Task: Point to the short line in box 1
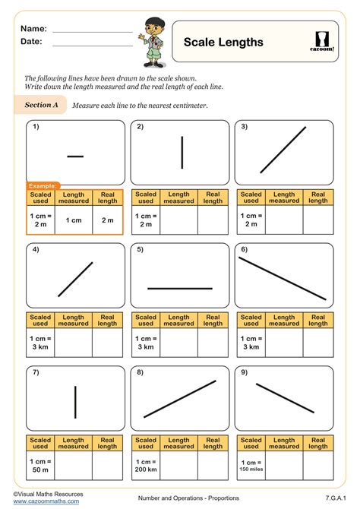pos(75,156)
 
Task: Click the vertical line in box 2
pos(182,152)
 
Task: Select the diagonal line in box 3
pos(283,150)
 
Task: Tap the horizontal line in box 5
pos(179,289)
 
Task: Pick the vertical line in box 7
pos(75,403)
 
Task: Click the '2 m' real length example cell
pos(108,220)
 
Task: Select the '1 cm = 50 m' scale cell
pos(41,465)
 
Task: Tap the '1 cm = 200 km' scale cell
pos(147,465)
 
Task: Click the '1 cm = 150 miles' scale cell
pos(251,465)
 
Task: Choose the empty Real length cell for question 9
pos(318,465)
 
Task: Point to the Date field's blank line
pos(92,44)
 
